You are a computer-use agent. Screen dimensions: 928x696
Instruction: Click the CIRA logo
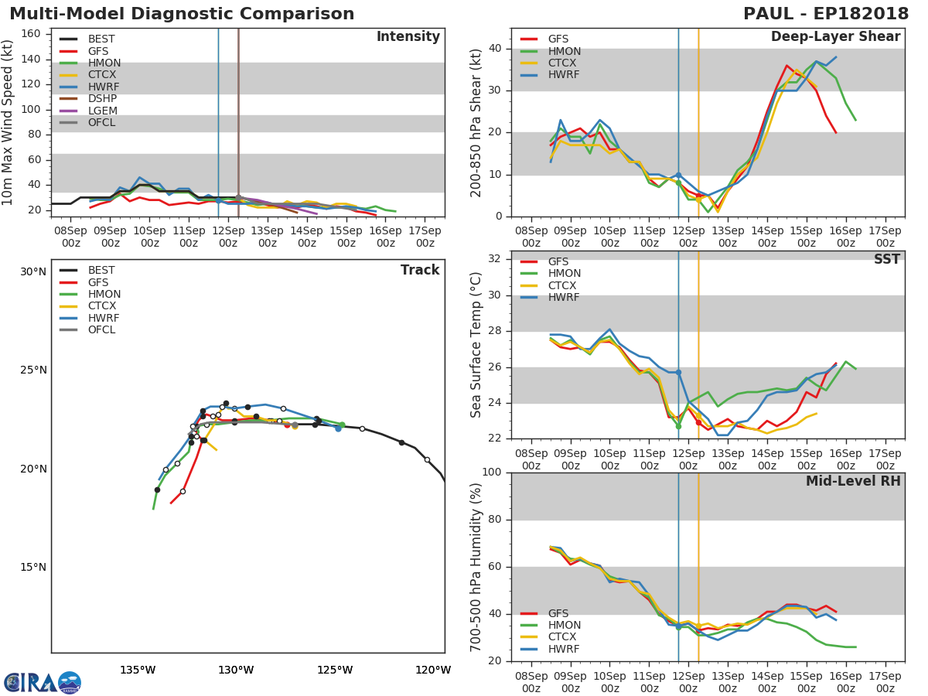click(43, 682)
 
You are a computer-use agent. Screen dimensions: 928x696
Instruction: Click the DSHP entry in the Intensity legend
click(102, 98)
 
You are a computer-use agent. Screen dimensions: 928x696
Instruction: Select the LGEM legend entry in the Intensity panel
click(103, 111)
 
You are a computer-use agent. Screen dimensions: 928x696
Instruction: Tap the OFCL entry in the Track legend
click(101, 329)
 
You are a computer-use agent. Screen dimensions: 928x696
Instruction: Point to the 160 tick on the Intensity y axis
click(30, 34)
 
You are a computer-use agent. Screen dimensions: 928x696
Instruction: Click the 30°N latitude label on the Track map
click(33, 271)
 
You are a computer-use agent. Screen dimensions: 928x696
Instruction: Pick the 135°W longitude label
click(138, 670)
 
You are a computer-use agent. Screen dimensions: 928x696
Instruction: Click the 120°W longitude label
click(433, 670)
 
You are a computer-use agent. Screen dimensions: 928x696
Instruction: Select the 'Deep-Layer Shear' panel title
click(835, 37)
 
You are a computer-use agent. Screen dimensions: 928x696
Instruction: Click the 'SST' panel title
click(886, 259)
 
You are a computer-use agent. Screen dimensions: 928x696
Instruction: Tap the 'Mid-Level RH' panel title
click(853, 481)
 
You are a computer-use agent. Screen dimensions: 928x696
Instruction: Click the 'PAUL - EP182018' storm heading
click(826, 13)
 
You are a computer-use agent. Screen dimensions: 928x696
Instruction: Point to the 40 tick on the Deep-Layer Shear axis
click(495, 48)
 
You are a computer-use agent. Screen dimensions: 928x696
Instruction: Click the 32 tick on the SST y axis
click(495, 258)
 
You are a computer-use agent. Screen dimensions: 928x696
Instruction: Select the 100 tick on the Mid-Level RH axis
click(492, 472)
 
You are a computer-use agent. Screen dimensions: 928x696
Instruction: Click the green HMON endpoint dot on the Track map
click(342, 425)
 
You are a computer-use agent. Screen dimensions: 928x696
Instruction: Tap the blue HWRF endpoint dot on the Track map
click(338, 428)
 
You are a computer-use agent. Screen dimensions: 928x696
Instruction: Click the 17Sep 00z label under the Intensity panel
click(425, 237)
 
